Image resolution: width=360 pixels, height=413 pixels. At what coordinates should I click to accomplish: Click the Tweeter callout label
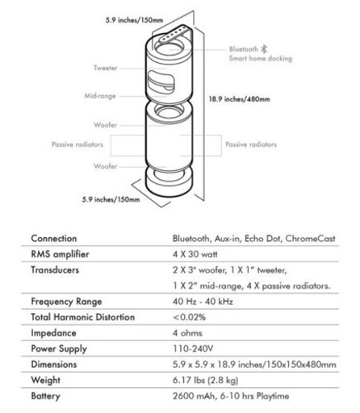[106, 68]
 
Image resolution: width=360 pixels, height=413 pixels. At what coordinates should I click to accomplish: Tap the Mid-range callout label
[100, 96]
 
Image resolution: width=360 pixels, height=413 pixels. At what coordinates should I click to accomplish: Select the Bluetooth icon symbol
[264, 49]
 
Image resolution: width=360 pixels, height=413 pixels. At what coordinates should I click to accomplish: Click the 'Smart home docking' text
[261, 58]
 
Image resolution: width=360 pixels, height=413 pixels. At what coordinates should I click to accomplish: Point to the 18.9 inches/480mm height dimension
[240, 99]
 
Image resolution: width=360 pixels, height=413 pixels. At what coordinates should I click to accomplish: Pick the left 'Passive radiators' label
[77, 144]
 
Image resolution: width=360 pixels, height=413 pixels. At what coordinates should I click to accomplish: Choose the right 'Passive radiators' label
[251, 144]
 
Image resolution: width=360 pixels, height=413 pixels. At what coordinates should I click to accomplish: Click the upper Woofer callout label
[106, 125]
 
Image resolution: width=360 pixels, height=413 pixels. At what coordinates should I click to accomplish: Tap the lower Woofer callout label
[106, 166]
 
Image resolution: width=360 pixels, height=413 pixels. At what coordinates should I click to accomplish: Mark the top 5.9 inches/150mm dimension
[134, 20]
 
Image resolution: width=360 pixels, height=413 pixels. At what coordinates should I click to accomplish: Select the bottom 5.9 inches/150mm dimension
[111, 199]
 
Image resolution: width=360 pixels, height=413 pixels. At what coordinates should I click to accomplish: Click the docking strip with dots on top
[174, 34]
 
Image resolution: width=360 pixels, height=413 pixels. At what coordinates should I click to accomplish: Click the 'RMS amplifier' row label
[60, 254]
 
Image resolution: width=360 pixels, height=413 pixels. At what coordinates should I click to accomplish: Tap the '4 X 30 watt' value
[195, 254]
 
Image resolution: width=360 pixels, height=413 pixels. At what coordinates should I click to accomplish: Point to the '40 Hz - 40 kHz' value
[203, 302]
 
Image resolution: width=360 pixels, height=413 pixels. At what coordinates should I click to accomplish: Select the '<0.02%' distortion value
[190, 317]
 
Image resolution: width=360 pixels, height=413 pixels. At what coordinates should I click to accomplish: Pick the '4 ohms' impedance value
[187, 333]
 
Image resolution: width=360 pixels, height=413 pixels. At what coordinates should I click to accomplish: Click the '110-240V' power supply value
[193, 348]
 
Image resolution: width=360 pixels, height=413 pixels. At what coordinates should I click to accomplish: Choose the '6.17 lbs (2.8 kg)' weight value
[206, 380]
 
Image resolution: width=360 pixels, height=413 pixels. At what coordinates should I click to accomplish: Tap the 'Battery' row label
[45, 396]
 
